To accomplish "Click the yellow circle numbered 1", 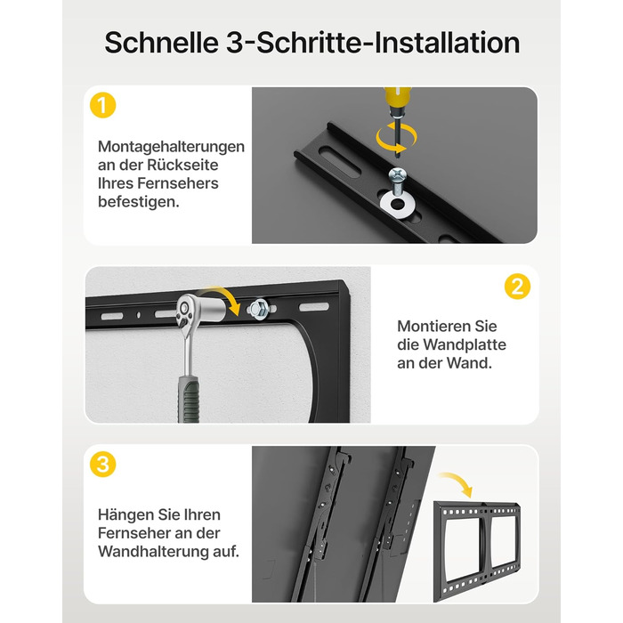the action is [x=103, y=105].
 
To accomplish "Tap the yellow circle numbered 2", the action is [x=517, y=287].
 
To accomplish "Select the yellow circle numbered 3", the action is [x=103, y=464].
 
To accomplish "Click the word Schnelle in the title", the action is [x=161, y=43].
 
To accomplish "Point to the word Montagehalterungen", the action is [x=171, y=147].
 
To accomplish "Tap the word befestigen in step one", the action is [x=139, y=202].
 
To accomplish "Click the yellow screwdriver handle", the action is [x=397, y=99].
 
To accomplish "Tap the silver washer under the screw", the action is [x=398, y=205].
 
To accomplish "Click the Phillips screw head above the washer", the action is [x=398, y=174].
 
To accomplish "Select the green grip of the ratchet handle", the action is [x=188, y=400].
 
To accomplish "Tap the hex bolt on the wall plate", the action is [x=257, y=308].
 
